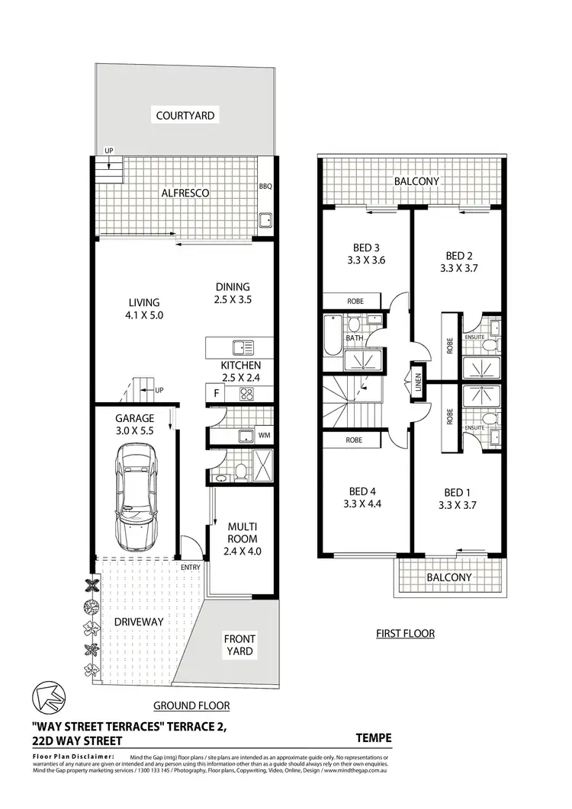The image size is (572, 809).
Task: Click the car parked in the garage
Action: click(135, 499)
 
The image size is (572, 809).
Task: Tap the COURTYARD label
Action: click(185, 116)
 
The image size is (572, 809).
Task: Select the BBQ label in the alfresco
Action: click(265, 186)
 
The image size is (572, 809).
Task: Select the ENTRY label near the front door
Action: click(190, 567)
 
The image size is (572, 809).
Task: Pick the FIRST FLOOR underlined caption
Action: click(406, 633)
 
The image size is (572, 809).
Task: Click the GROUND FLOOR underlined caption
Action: click(191, 705)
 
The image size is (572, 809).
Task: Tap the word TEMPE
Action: click(374, 737)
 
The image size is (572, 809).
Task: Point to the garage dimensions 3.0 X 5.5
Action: click(134, 430)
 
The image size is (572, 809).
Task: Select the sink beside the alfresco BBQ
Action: click(265, 222)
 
